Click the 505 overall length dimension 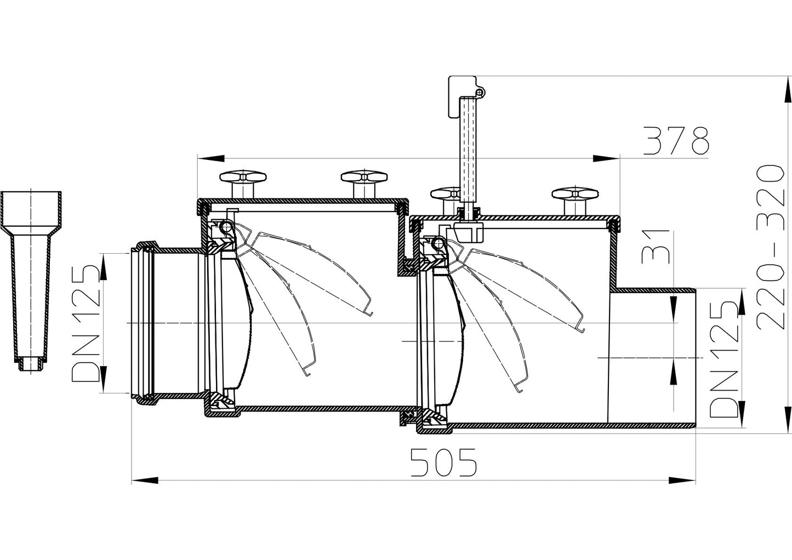(x=444, y=462)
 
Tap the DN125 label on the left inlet (x=86, y=323)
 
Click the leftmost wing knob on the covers (x=243, y=178)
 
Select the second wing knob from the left (x=364, y=178)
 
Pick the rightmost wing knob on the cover (x=575, y=195)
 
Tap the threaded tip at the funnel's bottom (x=31, y=365)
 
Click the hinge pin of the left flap (x=226, y=225)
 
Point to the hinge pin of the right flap (x=437, y=242)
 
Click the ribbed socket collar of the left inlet (x=143, y=323)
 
